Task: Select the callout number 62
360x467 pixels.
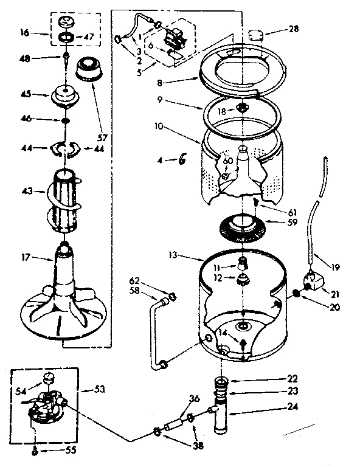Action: click(135, 280)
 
